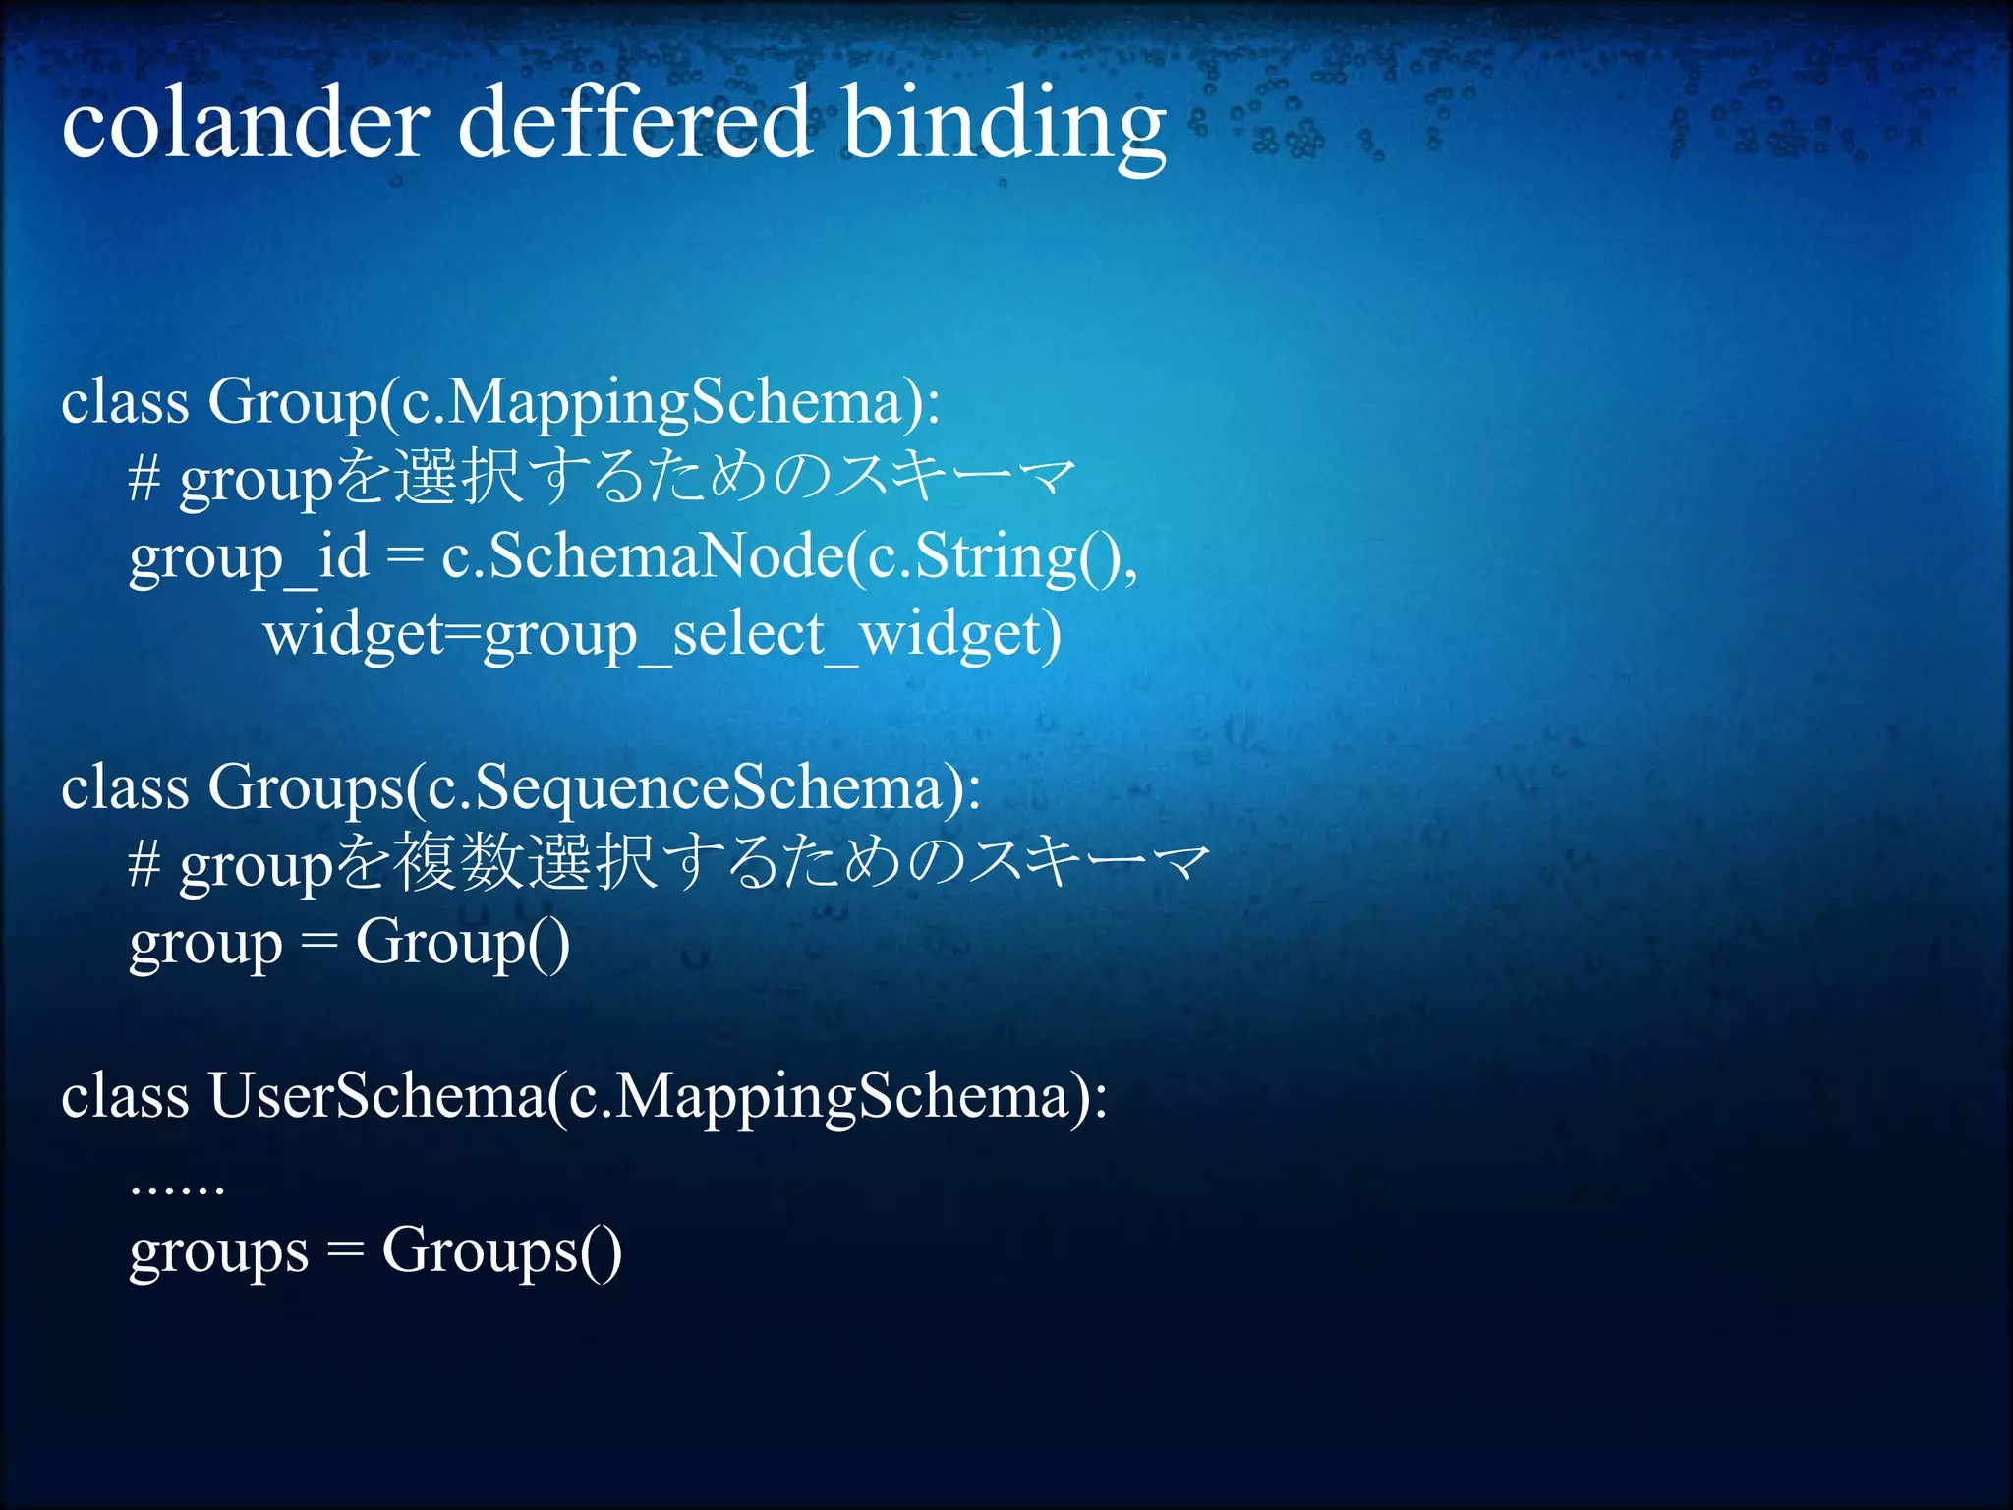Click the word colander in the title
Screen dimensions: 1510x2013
point(245,124)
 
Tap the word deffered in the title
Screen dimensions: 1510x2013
point(635,124)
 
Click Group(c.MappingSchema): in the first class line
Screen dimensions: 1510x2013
point(574,403)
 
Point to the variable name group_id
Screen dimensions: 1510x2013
point(249,558)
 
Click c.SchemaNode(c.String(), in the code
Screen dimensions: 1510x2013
point(789,558)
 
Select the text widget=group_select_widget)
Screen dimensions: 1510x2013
point(662,635)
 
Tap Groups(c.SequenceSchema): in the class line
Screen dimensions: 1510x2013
point(594,789)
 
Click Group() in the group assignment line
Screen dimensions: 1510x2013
point(462,944)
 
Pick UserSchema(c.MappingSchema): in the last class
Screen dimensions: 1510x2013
point(658,1097)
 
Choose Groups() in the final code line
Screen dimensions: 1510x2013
point(501,1252)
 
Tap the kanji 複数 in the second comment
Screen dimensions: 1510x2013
point(459,863)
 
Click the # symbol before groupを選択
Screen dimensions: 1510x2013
point(144,481)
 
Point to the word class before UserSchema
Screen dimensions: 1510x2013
point(125,1096)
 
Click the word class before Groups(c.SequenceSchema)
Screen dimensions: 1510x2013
point(125,788)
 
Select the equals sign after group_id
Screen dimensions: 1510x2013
point(404,558)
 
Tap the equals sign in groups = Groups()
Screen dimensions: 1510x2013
point(345,1252)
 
